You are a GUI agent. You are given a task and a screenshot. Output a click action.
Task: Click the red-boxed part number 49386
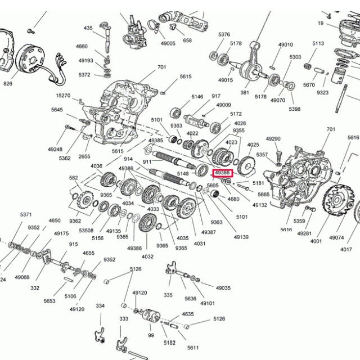(x=223, y=172)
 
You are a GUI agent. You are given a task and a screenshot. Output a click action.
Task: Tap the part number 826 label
(x=7, y=84)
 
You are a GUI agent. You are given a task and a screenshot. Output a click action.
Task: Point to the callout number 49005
(x=168, y=43)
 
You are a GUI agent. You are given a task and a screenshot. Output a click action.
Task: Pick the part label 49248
(x=55, y=149)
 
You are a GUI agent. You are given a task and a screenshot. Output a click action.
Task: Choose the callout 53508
(x=86, y=231)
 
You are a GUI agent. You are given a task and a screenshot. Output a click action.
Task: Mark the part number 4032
(x=147, y=256)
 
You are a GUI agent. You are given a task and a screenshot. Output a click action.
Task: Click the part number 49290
(x=273, y=138)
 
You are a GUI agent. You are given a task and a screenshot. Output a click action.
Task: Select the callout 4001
(x=316, y=241)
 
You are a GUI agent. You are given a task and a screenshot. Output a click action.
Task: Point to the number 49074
(x=336, y=237)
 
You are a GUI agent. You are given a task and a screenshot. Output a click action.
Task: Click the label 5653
(x=49, y=301)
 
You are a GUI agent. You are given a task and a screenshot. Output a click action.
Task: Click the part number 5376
(x=224, y=34)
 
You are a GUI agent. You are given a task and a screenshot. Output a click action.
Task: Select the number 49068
(x=22, y=277)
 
